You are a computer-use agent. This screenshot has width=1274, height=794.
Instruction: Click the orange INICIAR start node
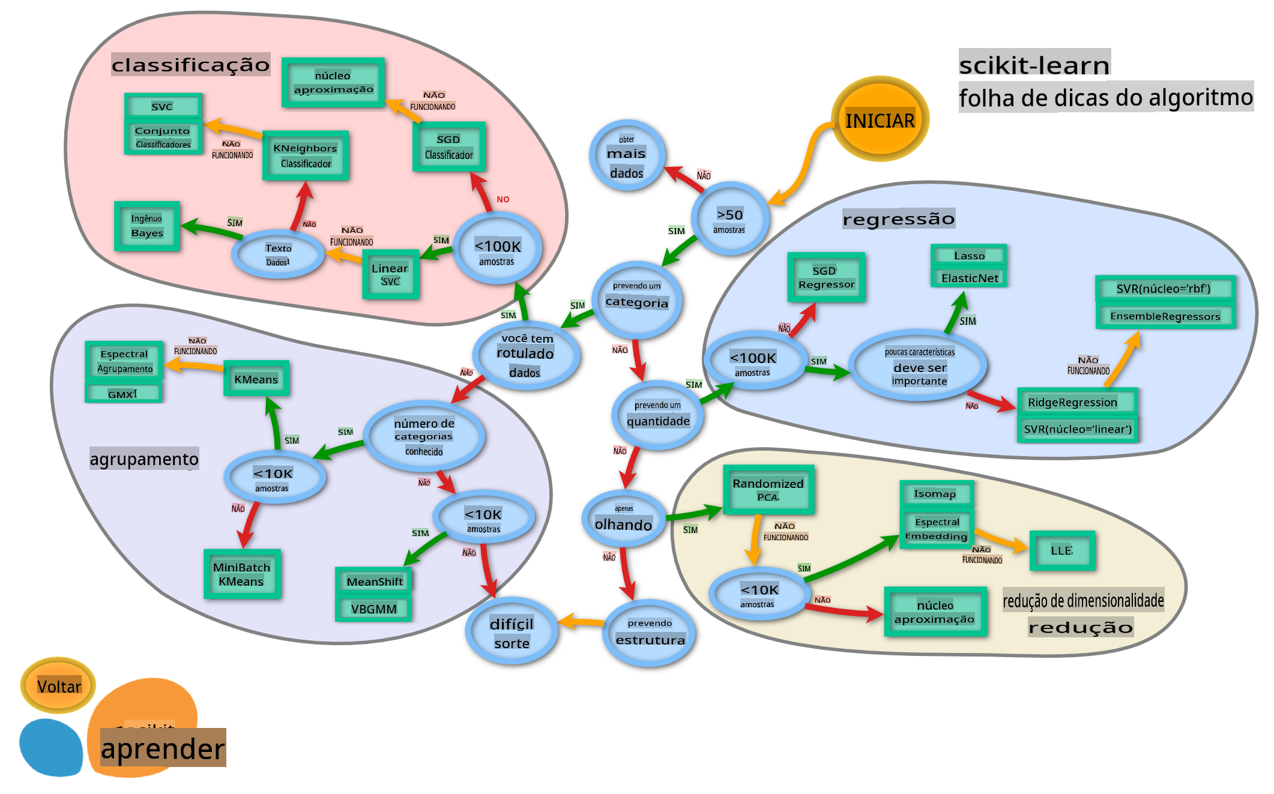(880, 119)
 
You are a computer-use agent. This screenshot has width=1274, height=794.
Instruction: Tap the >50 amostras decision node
(729, 220)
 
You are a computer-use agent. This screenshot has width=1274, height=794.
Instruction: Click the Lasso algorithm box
(969, 256)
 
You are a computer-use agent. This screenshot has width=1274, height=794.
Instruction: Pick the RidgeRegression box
(1077, 402)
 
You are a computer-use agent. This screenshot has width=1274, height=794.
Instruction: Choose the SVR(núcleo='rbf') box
(1164, 289)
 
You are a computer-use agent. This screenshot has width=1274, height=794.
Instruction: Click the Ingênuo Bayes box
(147, 226)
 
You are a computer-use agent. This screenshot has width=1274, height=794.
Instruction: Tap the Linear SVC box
(390, 274)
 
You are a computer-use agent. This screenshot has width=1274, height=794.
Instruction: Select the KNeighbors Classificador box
(306, 155)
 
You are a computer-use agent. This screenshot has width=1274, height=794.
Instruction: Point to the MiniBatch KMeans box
(242, 574)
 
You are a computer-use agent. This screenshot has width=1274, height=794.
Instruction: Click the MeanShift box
(374, 581)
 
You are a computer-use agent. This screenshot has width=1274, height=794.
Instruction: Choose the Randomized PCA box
(768, 490)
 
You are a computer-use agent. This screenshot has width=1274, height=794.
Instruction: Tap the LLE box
(1061, 550)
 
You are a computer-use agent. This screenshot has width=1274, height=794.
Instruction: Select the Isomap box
(936, 494)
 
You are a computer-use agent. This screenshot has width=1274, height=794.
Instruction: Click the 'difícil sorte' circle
(512, 632)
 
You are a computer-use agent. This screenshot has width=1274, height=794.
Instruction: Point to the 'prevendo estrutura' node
(650, 633)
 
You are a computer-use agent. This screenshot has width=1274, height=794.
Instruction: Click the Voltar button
(58, 685)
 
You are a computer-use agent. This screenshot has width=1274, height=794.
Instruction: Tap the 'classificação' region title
(190, 64)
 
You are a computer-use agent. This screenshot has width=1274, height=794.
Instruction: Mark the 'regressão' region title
(898, 219)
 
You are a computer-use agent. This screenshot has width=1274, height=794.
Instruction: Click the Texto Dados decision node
(278, 254)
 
